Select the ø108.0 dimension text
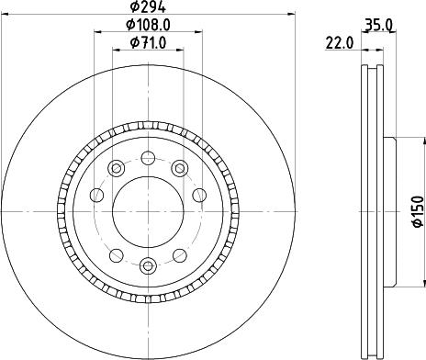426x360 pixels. point(148,27)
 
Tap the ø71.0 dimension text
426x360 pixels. point(148,43)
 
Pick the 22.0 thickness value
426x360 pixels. point(339,43)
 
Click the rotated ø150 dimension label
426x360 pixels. point(416,210)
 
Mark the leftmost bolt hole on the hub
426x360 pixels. point(95,194)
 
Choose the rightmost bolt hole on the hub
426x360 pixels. point(199,194)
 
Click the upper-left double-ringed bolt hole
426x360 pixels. point(116,168)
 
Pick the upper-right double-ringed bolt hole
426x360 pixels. point(180,168)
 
